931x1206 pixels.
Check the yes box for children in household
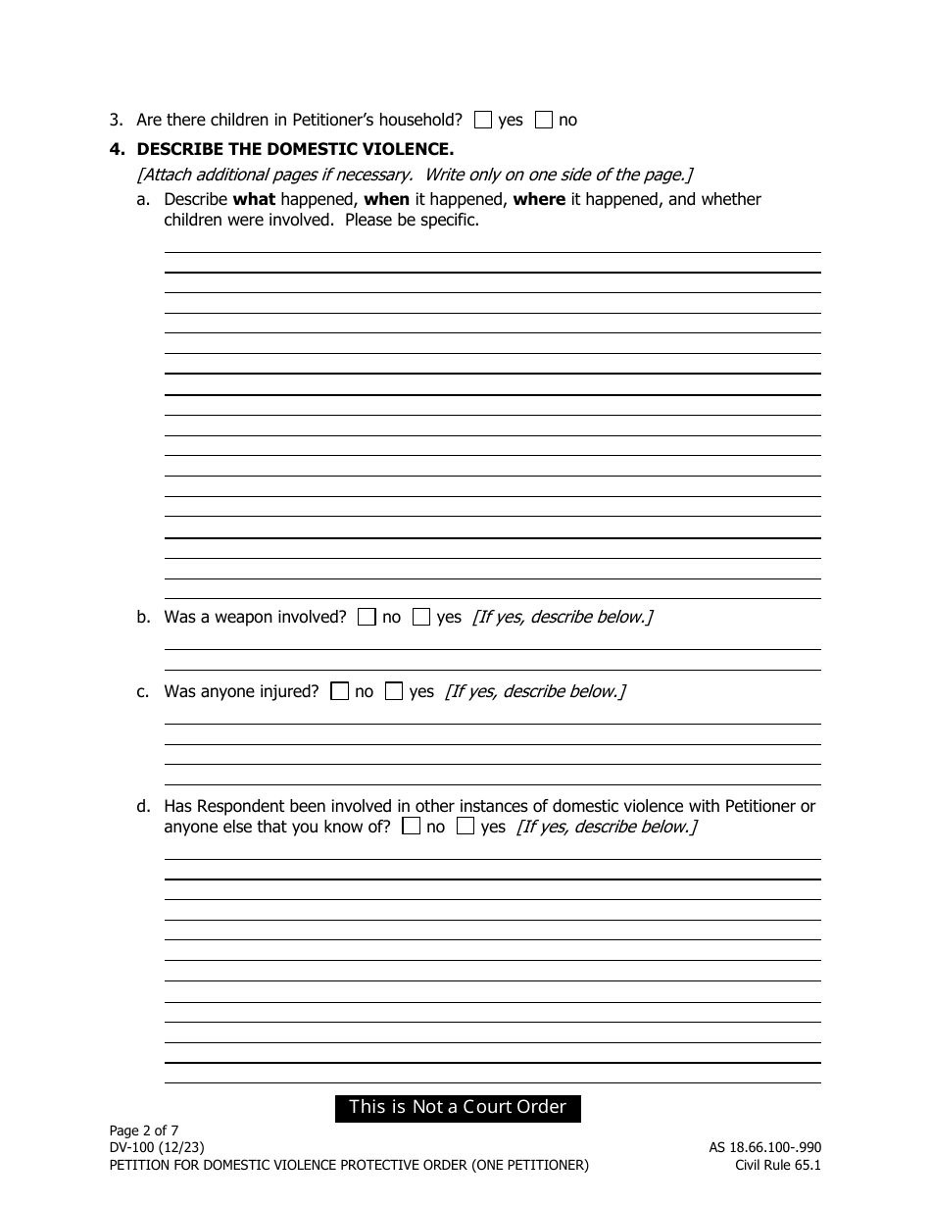pos(482,120)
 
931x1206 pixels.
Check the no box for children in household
pos(544,120)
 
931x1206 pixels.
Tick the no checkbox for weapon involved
pos(367,617)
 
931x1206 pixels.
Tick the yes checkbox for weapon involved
pos(421,617)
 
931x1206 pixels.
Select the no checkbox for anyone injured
pos(339,691)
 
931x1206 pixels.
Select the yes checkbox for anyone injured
pos(394,691)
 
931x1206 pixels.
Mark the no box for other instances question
pos(412,827)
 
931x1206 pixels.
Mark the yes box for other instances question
pos(465,827)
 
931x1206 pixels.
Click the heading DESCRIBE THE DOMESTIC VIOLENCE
pos(294,149)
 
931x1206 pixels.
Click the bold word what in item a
pos(254,199)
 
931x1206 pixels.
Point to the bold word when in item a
pos(386,199)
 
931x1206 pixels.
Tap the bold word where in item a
pos(539,199)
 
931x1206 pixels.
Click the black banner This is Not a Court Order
pos(458,1108)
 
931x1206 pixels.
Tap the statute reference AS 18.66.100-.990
pos(764,1147)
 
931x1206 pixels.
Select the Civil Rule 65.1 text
pos(778,1165)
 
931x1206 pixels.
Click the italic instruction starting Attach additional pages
pos(415,175)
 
